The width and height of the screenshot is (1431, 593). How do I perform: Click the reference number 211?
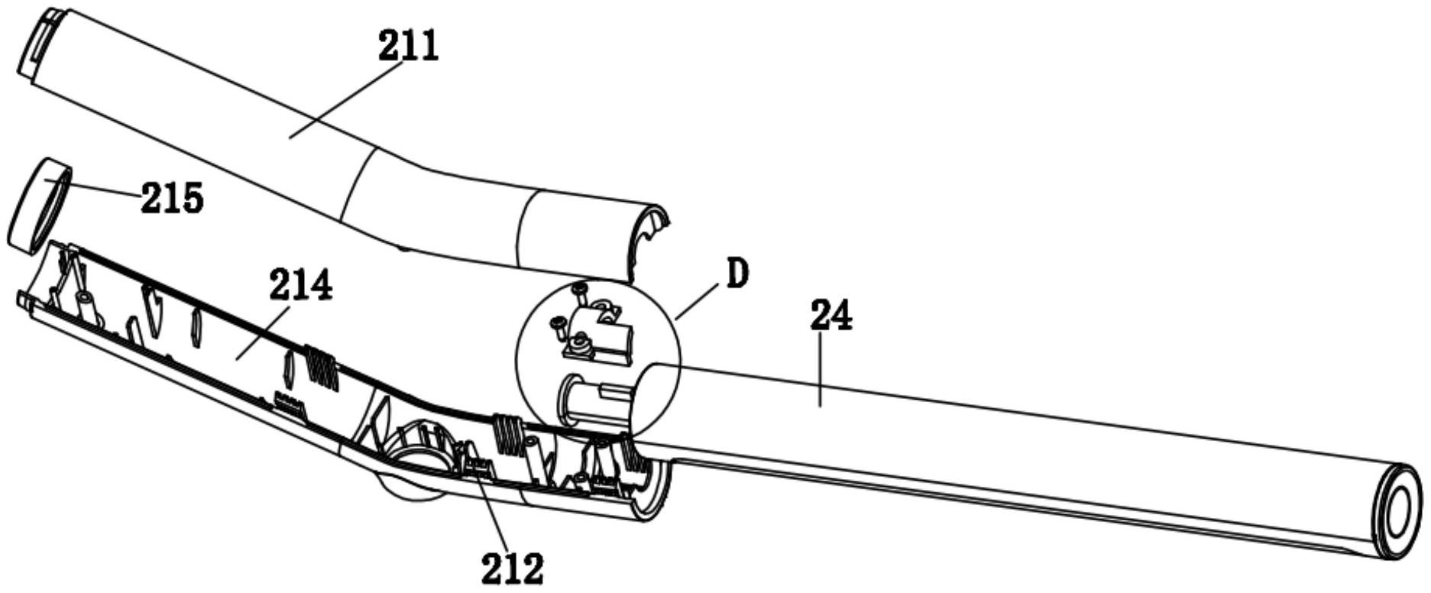tap(408, 47)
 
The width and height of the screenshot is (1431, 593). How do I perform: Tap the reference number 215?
tap(172, 199)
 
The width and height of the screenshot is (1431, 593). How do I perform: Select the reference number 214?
tap(300, 287)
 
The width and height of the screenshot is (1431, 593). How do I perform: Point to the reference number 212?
tap(512, 568)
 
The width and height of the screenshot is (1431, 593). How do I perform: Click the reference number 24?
tap(831, 316)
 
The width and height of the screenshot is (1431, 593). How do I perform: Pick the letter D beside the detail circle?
tap(736, 274)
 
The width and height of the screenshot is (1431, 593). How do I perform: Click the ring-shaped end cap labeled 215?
tap(37, 205)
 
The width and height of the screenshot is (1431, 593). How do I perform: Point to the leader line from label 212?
tap(493, 512)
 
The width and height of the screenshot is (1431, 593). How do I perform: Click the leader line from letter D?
tap(696, 301)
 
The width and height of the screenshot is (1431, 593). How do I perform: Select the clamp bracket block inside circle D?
tap(604, 336)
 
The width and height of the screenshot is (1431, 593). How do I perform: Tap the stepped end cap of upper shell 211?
tap(38, 42)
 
